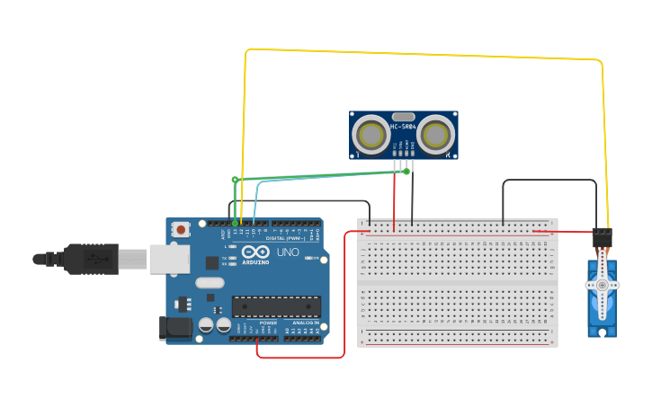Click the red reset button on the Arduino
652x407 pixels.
(181, 230)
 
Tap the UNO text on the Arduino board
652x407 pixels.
(287, 252)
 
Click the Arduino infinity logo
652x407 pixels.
(255, 252)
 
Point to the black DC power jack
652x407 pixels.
(175, 328)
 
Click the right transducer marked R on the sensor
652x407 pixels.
(435, 135)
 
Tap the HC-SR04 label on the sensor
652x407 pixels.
(402, 127)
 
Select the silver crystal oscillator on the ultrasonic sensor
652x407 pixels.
(403, 116)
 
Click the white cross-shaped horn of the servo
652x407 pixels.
(602, 286)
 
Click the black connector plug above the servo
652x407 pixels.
(602, 239)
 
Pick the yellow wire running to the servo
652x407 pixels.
(423, 55)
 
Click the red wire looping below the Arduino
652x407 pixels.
(301, 358)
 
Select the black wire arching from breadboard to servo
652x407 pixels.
(549, 180)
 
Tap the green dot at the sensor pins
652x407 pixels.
(406, 171)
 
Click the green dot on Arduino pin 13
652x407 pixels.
(236, 223)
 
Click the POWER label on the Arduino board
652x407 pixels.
(268, 323)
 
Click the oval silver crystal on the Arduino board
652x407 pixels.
(210, 283)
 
